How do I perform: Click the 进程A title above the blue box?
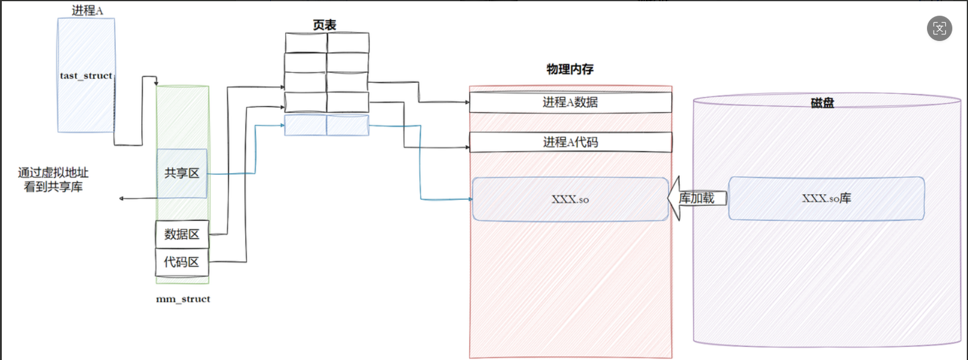87,10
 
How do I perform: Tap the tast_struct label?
86,75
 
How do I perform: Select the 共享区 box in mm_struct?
182,173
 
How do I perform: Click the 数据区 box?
182,234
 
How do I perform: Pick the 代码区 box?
182,262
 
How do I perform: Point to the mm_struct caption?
183,298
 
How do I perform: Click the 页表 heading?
324,25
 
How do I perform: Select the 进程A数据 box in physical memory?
570,102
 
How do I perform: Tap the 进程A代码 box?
570,142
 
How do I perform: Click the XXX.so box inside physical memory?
570,199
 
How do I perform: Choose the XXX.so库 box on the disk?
826,198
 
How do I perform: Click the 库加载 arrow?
697,198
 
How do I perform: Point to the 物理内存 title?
570,69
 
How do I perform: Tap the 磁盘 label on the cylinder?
822,103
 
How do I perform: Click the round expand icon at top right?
939,28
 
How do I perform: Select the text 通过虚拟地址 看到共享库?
53,180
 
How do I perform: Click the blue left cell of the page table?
305,125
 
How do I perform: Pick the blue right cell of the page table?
347,125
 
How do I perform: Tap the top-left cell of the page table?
306,43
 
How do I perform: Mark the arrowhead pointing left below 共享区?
122,198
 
